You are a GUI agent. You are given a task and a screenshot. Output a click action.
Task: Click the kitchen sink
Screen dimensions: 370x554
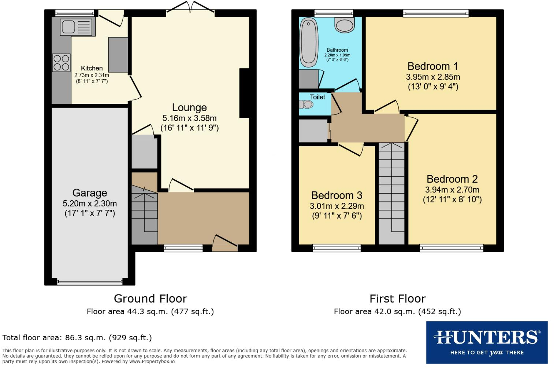pyautogui.click(x=78, y=27)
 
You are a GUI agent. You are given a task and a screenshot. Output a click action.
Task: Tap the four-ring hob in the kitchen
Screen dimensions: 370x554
pyautogui.click(x=61, y=62)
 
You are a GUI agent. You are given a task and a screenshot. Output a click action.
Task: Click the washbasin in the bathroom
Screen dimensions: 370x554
pyautogui.click(x=345, y=25)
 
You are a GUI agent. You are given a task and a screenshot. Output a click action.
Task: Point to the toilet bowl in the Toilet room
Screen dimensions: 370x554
pyautogui.click(x=307, y=105)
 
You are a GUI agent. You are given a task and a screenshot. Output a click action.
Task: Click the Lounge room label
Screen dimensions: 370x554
pyautogui.click(x=189, y=107)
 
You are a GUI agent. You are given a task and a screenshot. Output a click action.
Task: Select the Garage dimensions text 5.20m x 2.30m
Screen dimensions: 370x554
pyautogui.click(x=90, y=204)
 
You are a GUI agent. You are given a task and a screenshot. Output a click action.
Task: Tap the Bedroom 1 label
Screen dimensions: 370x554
pyautogui.click(x=432, y=66)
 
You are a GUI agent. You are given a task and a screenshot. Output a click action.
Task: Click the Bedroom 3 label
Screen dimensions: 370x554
pyautogui.click(x=337, y=195)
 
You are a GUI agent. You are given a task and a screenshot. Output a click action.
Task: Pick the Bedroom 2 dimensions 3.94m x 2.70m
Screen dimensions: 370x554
pyautogui.click(x=452, y=190)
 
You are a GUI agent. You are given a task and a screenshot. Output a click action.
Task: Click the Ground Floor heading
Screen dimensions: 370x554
pyautogui.click(x=150, y=298)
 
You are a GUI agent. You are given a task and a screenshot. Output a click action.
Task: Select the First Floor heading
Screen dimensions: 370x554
pyautogui.click(x=397, y=298)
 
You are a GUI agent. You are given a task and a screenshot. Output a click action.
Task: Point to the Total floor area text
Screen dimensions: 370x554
pyautogui.click(x=77, y=337)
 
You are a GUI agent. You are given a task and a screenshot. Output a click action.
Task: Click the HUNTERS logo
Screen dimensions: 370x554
pyautogui.click(x=487, y=342)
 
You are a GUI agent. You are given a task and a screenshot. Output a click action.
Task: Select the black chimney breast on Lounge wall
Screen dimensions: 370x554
pyautogui.click(x=244, y=93)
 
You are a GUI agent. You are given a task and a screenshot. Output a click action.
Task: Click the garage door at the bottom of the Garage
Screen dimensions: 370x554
pyautogui.click(x=90, y=282)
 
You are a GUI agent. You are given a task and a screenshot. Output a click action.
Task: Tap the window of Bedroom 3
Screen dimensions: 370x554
pyautogui.click(x=337, y=248)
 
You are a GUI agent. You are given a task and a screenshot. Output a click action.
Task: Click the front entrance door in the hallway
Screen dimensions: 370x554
pyautogui.click(x=224, y=244)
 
